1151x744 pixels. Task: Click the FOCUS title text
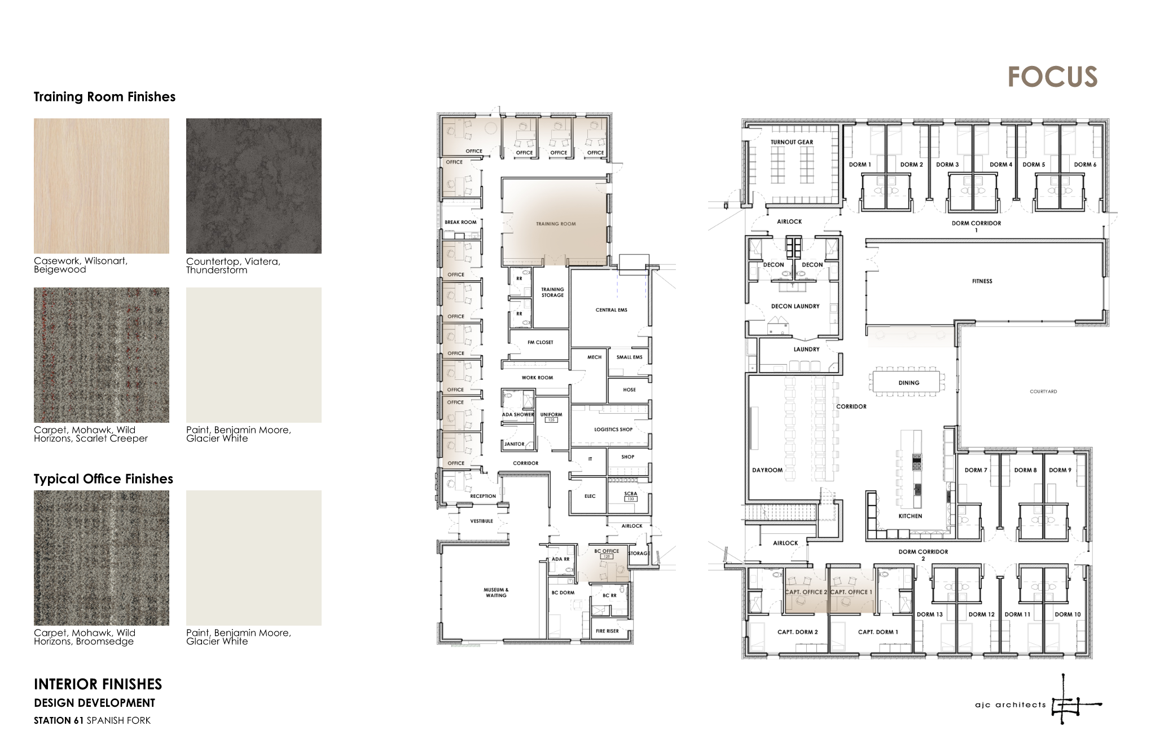tap(1052, 77)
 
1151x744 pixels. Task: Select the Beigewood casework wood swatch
tap(102, 185)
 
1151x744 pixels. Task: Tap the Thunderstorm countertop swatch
tap(254, 185)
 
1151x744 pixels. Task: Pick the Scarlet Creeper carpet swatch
tap(102, 355)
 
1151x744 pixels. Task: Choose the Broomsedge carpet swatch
tap(102, 557)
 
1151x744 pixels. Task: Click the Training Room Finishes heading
tap(104, 97)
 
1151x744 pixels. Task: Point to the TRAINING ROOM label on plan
tap(556, 224)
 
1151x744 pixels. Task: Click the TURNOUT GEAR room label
tap(792, 142)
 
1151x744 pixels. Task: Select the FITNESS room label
tap(982, 281)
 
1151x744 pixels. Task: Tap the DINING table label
tap(908, 383)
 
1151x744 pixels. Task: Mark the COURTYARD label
tap(1043, 391)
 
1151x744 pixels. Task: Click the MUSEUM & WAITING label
tap(496, 592)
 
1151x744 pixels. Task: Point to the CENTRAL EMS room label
tap(611, 310)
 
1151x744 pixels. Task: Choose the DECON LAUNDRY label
tap(795, 307)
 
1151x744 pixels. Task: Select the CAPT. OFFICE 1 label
tap(851, 592)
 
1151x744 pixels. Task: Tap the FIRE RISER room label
tap(607, 631)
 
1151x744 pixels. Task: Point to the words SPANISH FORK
tap(118, 720)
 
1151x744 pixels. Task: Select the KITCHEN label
tap(910, 516)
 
